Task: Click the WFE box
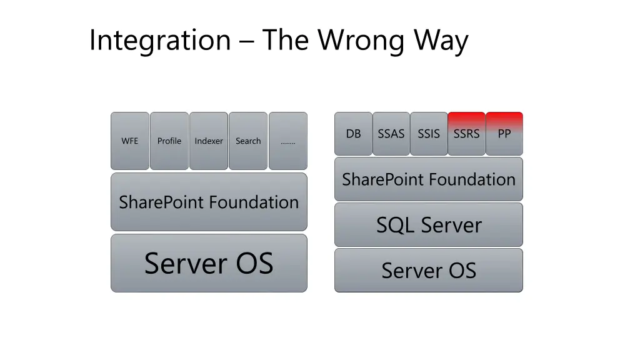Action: (130, 141)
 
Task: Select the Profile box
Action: (169, 141)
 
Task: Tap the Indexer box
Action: (209, 141)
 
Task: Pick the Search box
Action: (248, 141)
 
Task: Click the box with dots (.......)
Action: (288, 141)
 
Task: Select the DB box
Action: (353, 134)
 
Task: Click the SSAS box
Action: (391, 134)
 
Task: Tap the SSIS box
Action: (429, 134)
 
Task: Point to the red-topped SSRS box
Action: (467, 134)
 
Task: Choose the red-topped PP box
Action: (504, 134)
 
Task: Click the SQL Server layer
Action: (429, 225)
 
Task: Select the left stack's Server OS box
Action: (209, 263)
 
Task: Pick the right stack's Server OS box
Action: (429, 271)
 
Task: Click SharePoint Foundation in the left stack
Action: (209, 202)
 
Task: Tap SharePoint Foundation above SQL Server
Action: (429, 179)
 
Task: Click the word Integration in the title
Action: (160, 41)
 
